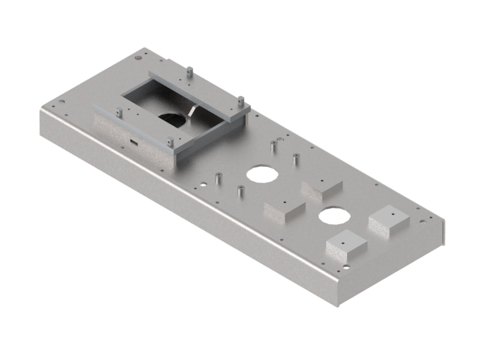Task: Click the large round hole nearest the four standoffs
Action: (x=260, y=173)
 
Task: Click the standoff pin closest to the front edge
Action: (x=239, y=192)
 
